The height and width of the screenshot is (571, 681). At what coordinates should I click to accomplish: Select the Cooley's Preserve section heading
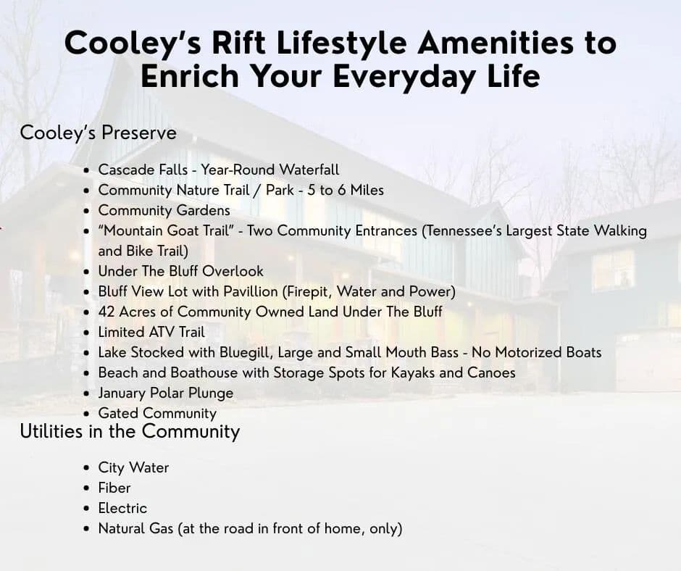click(98, 133)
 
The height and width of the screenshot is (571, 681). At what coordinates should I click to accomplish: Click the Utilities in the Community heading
click(130, 431)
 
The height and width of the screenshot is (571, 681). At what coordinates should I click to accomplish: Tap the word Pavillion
click(251, 291)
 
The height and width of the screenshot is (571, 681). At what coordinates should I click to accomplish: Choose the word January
click(122, 393)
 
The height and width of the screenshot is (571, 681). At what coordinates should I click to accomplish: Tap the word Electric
click(122, 508)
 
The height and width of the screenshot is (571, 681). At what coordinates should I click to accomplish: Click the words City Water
click(133, 467)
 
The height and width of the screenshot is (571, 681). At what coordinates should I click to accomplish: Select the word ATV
click(162, 332)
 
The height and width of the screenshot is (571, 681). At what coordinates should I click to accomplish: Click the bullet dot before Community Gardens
click(87, 211)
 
